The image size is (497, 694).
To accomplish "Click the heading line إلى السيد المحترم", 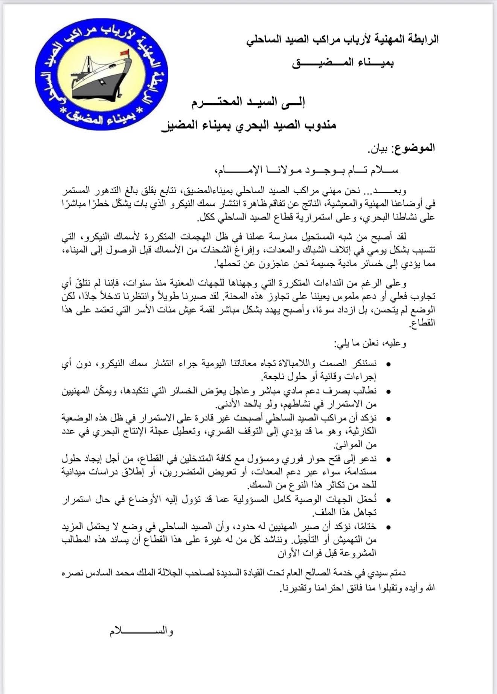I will pos(248,102).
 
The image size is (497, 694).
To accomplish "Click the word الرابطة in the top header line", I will pos(424,39).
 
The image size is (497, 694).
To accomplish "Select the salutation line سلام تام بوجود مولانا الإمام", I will pos(307,170).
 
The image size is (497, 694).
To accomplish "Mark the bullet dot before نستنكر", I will pos(389,364).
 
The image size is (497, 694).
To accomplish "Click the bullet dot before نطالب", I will pos(389,391).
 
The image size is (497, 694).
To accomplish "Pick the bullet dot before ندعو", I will pos(389,459).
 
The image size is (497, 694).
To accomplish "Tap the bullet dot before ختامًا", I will pos(389,527).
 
